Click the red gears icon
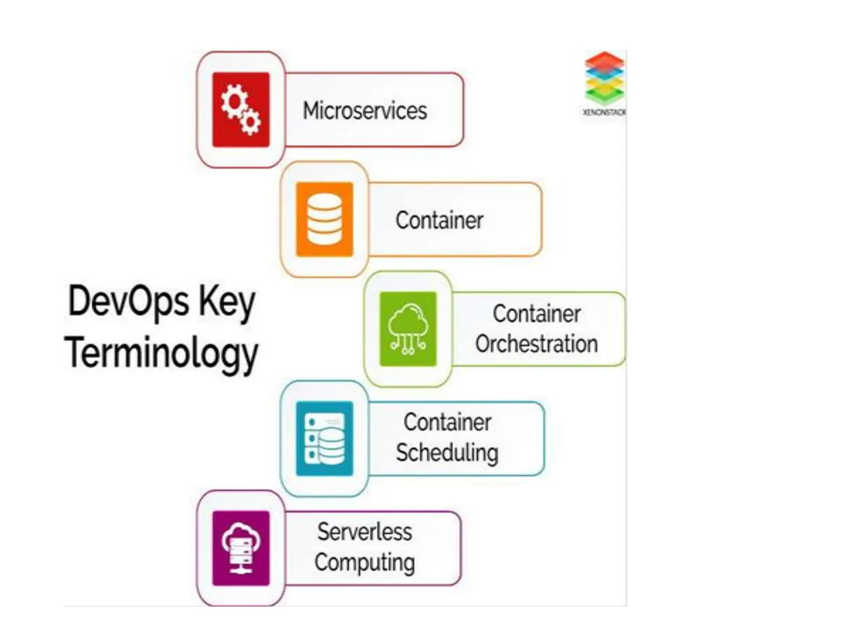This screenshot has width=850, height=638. (x=241, y=110)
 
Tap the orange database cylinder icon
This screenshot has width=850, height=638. (x=325, y=219)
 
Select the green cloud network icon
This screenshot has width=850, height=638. (x=408, y=329)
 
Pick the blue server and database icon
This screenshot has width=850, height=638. (x=325, y=438)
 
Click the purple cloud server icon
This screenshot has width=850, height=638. (x=241, y=548)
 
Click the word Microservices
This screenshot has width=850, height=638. (x=365, y=111)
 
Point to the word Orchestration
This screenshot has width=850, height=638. (x=536, y=344)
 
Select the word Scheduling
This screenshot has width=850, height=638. (x=447, y=453)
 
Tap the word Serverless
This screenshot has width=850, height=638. (x=365, y=532)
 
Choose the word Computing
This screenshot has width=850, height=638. (x=365, y=563)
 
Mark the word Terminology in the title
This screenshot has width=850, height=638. (x=161, y=353)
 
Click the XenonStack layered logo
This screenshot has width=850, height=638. (x=604, y=78)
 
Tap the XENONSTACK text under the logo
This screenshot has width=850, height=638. (x=604, y=112)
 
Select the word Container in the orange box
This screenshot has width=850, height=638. (x=439, y=220)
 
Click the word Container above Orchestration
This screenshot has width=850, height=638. (x=536, y=314)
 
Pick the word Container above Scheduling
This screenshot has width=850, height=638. (x=447, y=423)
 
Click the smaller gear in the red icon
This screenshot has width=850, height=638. (x=251, y=122)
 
